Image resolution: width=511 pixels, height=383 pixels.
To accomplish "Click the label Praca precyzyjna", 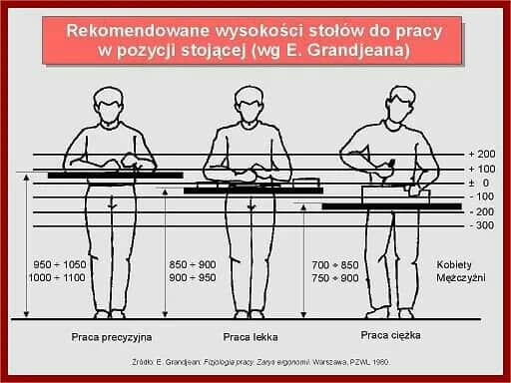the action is point(112,336).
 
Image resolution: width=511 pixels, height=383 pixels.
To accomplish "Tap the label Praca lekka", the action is point(250,336).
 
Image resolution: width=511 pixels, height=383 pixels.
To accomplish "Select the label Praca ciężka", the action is point(390,335).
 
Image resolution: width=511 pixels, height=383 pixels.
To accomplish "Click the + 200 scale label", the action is point(481,155).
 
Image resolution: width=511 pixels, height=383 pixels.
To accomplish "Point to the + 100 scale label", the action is point(481,170).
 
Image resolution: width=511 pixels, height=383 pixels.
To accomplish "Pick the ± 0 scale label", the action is point(480,184).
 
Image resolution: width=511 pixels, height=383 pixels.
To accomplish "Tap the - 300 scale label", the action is point(481,225).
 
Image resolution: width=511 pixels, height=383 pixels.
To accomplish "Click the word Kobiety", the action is point(454,264).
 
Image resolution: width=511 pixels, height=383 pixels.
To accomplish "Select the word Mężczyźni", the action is point(460,278).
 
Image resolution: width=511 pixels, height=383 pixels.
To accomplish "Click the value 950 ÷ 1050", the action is point(60,264).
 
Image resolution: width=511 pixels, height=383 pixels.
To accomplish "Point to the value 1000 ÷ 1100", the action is point(60,278).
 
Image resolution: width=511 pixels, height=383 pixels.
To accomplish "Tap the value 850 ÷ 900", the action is point(194,264).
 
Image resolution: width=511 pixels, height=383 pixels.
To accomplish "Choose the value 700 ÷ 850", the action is point(334,264).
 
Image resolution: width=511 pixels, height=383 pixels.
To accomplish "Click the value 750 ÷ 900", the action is point(334,278).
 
